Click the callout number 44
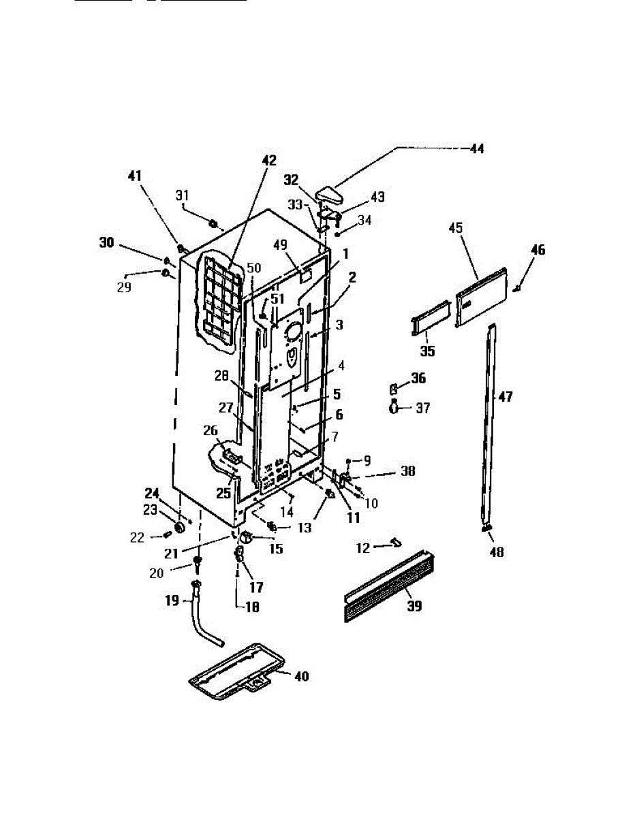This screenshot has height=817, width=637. pos(477,148)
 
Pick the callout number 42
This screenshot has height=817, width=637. pos(269,161)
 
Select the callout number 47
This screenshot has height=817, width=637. pos(506,397)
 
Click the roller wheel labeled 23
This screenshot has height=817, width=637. pos(181,528)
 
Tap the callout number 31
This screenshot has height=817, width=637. pos(183,195)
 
